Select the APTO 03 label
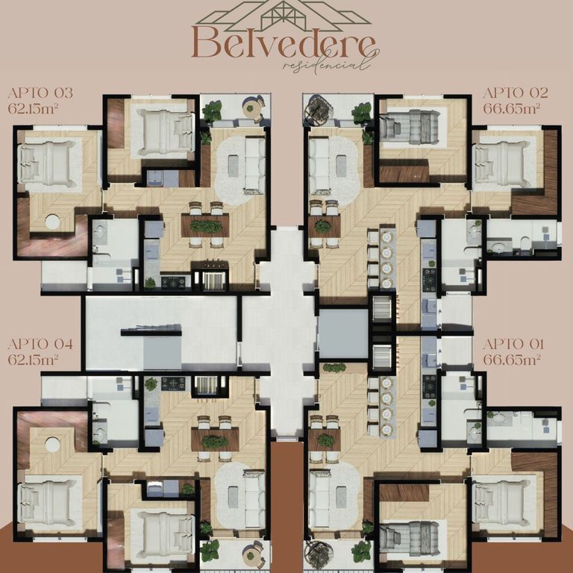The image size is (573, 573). coord(40,93)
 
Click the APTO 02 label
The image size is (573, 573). coord(516,93)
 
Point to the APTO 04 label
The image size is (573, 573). coord(40,344)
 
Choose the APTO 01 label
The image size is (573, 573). coord(513,344)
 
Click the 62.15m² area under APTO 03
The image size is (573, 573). coord(34,108)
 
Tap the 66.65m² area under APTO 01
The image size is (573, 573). coord(512,360)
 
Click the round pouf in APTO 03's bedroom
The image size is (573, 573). coord(53,222)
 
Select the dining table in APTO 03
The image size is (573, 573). coord(205,225)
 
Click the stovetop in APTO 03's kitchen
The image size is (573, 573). coord(174,282)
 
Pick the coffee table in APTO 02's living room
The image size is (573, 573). coord(341,166)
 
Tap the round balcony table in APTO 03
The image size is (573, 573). coord(251,107)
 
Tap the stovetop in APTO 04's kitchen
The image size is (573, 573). coord(174,383)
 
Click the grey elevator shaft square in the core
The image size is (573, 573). coord(343,334)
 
